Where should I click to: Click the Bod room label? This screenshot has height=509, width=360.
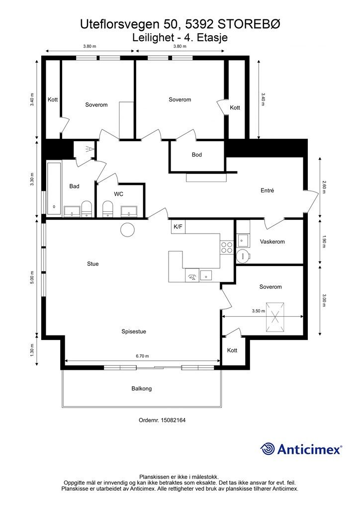(197, 155)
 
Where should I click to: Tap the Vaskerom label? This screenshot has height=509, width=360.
(272, 242)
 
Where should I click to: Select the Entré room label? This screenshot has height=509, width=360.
(267, 190)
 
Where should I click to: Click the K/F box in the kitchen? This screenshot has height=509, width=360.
(178, 227)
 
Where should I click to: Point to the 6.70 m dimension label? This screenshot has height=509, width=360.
(142, 356)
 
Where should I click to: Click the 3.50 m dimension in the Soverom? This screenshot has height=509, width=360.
(259, 311)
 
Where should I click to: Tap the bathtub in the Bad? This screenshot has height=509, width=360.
(54, 188)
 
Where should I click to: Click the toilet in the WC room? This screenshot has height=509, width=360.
(107, 209)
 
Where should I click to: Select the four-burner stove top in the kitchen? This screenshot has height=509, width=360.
(227, 248)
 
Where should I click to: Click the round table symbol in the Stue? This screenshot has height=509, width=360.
(127, 230)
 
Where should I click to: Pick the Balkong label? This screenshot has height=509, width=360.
(142, 388)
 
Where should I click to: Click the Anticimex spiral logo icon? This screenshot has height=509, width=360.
(268, 449)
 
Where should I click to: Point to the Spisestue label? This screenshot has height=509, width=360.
(134, 332)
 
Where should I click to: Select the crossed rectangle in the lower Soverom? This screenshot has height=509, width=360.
(275, 318)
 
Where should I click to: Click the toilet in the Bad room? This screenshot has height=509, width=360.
(87, 209)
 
